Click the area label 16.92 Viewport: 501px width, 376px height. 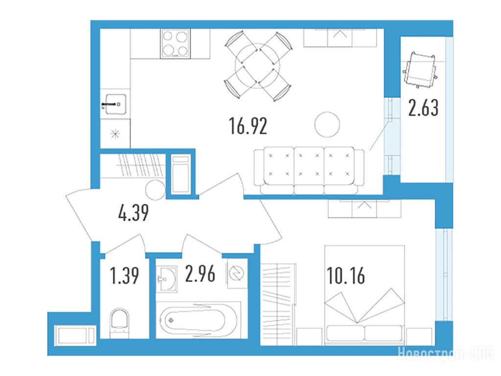[248, 126]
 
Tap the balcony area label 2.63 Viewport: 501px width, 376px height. [423, 108]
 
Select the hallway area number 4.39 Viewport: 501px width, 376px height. [134, 213]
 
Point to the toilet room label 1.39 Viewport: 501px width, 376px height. [124, 276]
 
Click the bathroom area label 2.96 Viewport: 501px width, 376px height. [200, 274]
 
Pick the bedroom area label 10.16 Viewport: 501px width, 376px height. [346, 276]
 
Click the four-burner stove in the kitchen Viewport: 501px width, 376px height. [175, 44]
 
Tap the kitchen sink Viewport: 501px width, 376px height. [114, 104]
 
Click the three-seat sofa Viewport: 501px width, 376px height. [309, 170]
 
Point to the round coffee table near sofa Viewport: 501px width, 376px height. [327, 124]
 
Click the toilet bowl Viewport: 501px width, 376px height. [119, 323]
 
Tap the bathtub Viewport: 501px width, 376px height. [199, 320]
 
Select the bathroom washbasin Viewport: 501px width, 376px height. [167, 279]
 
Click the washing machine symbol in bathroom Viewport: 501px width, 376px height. [237, 274]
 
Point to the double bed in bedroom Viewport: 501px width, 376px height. [364, 295]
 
